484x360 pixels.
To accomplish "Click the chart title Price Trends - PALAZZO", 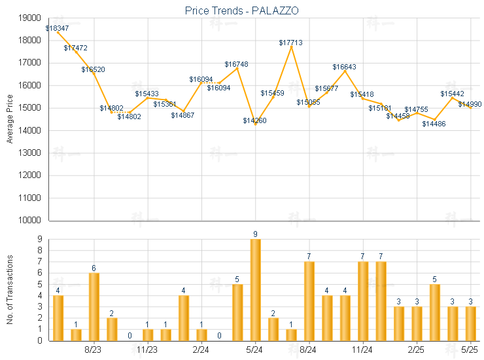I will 242,10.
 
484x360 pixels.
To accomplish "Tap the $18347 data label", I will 57,29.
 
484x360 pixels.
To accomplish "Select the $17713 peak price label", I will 290,43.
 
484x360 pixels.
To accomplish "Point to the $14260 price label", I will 254,120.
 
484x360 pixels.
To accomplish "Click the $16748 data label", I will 236,64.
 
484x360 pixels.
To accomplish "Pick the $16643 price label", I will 344,67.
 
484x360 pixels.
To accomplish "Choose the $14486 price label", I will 434,123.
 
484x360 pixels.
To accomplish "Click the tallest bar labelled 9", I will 255,289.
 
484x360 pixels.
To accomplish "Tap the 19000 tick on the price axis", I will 30,18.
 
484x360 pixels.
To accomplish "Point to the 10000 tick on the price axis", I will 30,221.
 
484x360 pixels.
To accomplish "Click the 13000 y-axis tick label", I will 30,153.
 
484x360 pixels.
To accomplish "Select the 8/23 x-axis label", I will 94,350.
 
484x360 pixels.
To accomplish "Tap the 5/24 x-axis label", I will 255,350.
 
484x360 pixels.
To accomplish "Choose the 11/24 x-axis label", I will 363,350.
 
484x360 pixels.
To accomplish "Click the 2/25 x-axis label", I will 417,350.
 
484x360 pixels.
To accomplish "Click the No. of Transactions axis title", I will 10,289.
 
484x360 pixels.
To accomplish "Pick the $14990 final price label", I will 470,104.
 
